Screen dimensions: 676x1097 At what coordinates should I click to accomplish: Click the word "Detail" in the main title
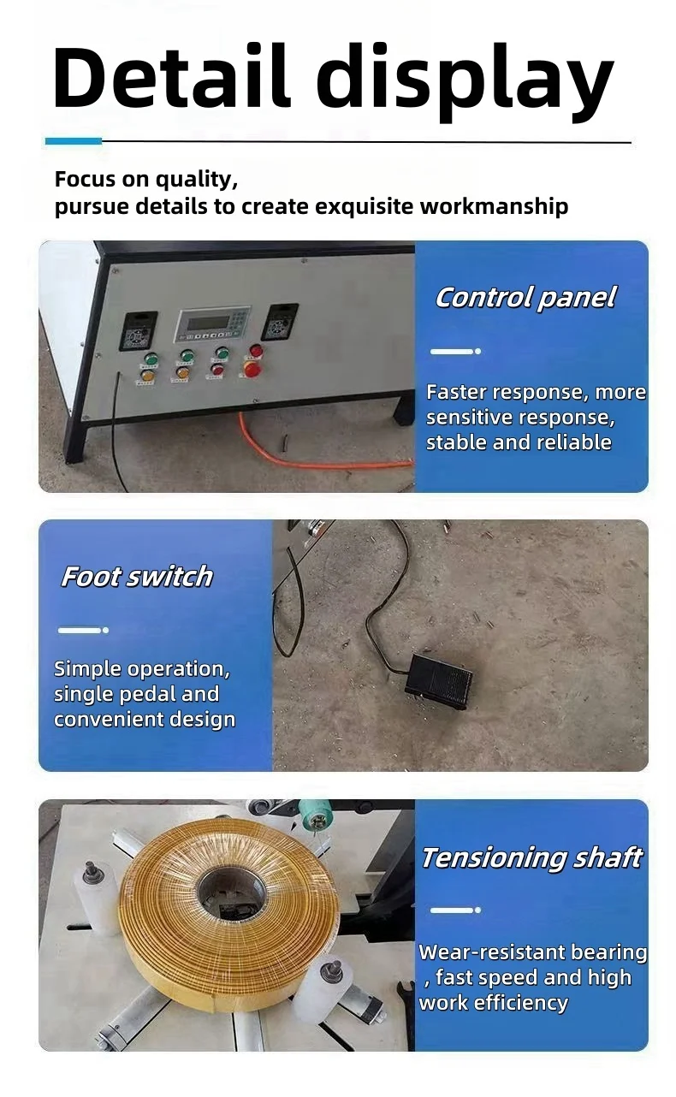point(171,77)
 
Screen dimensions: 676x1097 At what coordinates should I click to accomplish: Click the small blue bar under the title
point(73,141)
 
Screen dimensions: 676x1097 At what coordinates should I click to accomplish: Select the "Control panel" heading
point(525,298)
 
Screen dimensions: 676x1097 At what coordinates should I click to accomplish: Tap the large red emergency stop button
point(252,368)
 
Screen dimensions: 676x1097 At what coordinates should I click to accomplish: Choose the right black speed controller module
point(280,321)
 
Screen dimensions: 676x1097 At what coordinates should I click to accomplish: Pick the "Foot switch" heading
point(137,577)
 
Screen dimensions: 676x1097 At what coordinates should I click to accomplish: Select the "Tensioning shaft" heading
point(531,857)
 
